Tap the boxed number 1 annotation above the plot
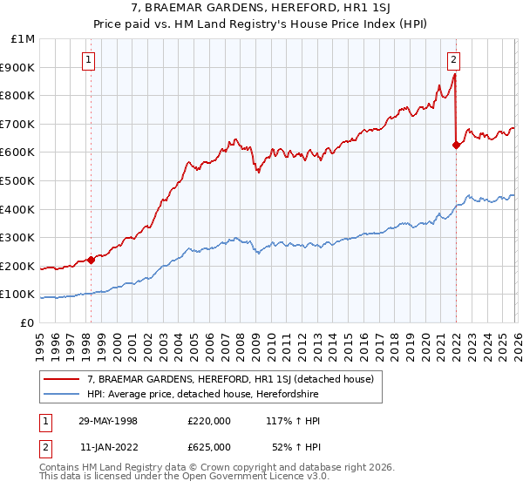90,60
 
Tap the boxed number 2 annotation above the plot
454,60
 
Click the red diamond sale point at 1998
91,260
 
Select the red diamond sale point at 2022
456,146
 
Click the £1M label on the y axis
23,38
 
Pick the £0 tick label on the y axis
26,322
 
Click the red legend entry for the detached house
230,379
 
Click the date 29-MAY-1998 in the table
120,421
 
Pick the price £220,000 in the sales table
209,421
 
